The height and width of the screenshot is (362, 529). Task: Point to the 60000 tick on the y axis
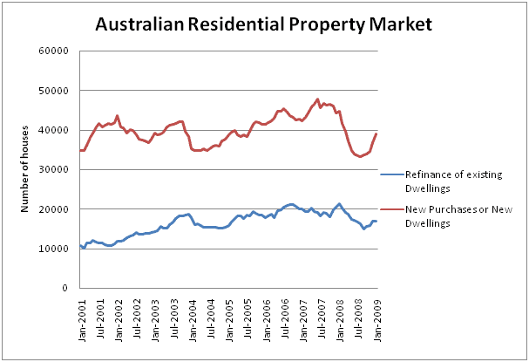click(x=57, y=51)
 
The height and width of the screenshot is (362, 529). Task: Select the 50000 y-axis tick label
click(x=57, y=90)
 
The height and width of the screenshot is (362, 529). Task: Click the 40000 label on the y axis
click(x=57, y=130)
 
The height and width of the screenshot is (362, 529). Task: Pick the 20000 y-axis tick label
click(x=57, y=209)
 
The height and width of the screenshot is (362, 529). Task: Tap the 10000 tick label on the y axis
click(x=57, y=249)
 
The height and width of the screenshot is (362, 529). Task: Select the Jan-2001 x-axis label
click(x=81, y=315)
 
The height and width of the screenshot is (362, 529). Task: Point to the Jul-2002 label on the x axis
click(x=137, y=315)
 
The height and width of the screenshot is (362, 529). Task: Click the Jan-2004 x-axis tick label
click(x=193, y=315)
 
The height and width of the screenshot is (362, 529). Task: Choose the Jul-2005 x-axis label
click(x=248, y=315)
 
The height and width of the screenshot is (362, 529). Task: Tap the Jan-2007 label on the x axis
click(x=304, y=315)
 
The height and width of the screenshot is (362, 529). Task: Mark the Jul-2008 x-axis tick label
click(x=360, y=315)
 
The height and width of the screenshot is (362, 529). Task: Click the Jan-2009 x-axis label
click(x=378, y=315)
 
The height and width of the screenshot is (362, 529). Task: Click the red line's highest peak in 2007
click(x=318, y=99)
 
